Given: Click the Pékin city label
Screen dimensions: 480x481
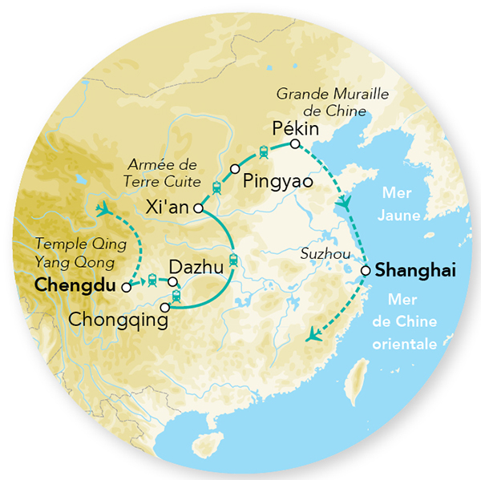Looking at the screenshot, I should (x=296, y=128).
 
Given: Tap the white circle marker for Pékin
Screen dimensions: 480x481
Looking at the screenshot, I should (x=295, y=144).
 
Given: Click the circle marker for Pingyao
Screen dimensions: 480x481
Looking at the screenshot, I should (x=235, y=169).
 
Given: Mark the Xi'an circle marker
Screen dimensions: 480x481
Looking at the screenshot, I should (x=198, y=209).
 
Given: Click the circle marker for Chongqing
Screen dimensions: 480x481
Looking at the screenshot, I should (x=165, y=307).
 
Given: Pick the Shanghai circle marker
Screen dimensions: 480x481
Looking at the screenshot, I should (x=366, y=271).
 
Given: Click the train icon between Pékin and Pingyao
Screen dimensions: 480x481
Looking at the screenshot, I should (x=263, y=151).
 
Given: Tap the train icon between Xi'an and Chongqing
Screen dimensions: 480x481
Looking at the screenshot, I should (x=233, y=259).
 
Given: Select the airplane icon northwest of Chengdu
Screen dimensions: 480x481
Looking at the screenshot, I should (x=103, y=210).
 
